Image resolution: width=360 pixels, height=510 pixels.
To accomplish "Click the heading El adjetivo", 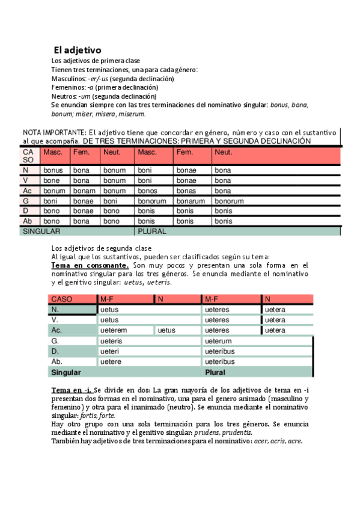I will click(78, 50).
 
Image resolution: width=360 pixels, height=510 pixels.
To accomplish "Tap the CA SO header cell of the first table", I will click(29, 156).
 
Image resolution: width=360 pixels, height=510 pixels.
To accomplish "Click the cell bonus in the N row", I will click(53, 171).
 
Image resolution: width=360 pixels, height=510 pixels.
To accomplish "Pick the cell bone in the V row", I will click(52, 180).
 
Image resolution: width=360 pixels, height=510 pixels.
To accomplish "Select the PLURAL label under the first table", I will click(152, 231).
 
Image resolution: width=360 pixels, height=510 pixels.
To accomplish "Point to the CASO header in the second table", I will click(63, 299).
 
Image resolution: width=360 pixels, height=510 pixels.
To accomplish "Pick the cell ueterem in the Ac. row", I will click(114, 330).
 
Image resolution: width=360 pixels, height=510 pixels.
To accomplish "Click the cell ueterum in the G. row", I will click(218, 341).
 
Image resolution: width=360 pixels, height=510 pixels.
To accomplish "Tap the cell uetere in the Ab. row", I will click(111, 361).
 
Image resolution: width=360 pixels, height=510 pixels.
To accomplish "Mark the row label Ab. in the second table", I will click(58, 361).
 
